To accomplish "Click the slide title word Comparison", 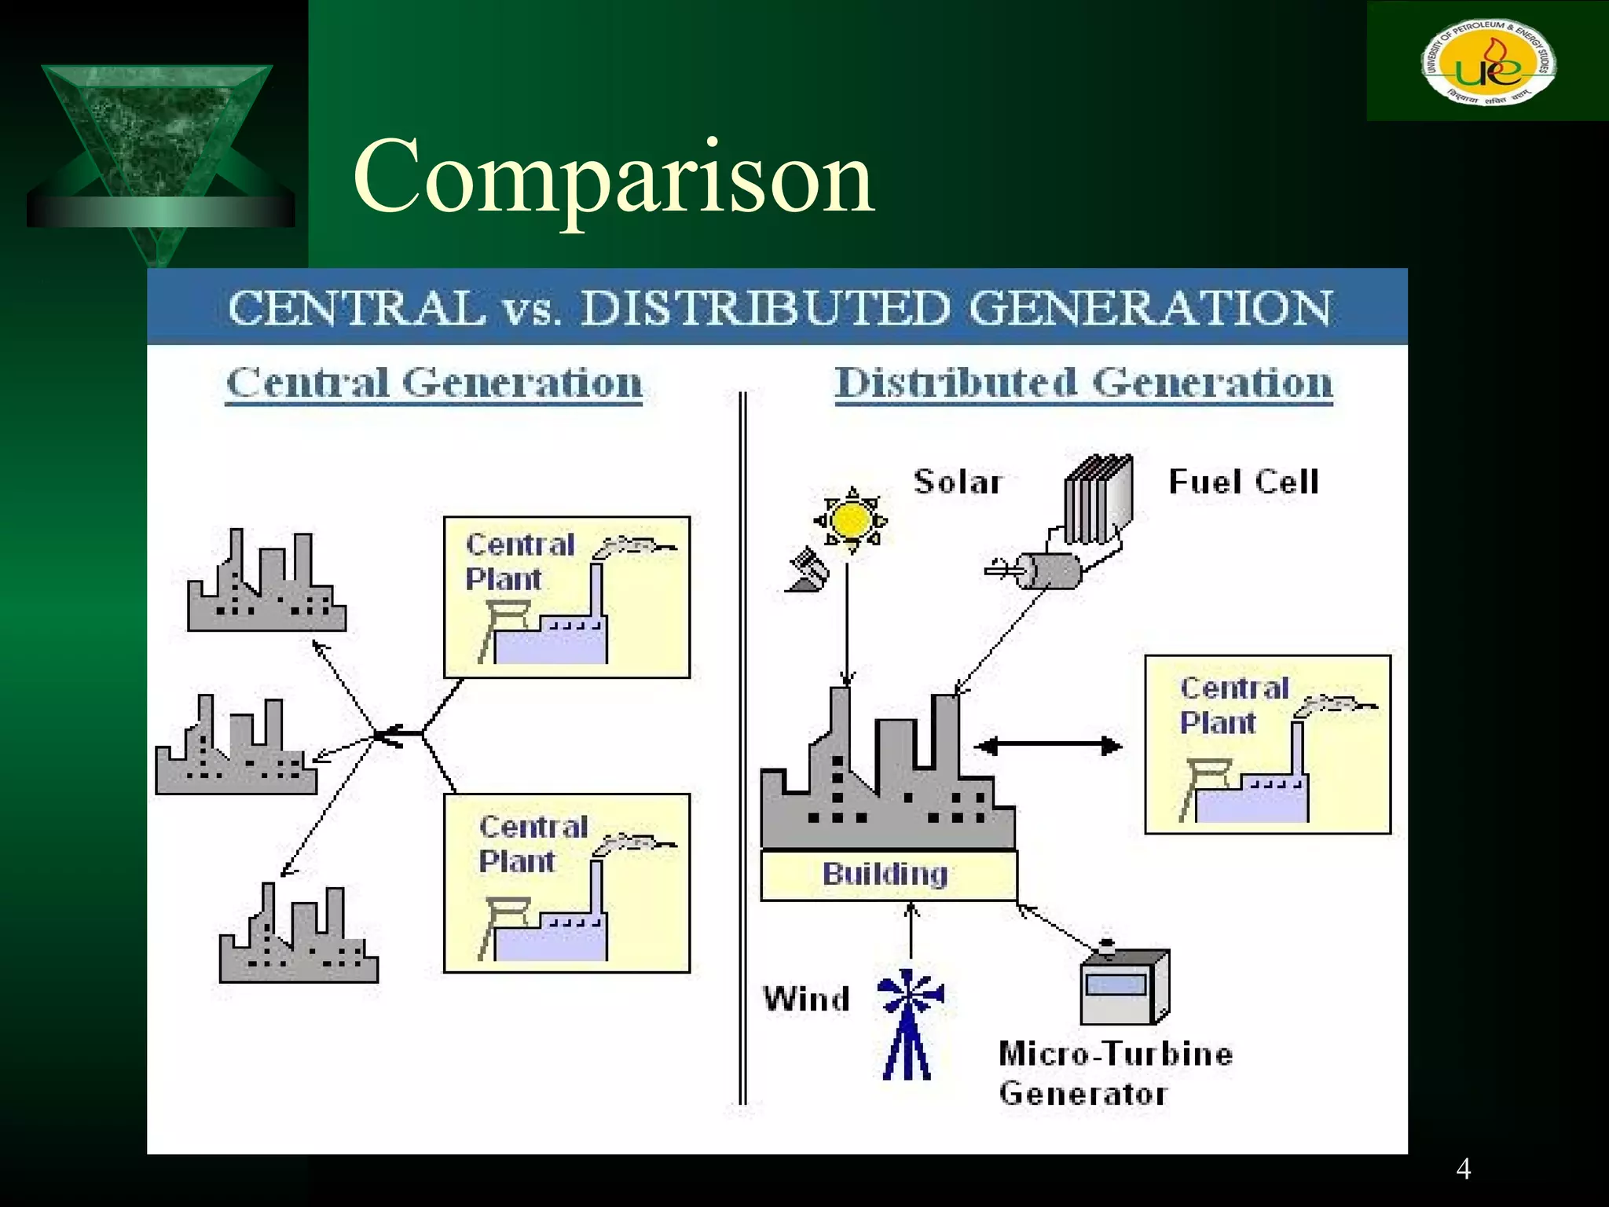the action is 614,178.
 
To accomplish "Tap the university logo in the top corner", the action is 1488,61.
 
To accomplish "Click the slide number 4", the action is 1463,1169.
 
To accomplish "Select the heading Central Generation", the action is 434,383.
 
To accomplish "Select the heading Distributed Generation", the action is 1083,383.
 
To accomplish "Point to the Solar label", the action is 958,482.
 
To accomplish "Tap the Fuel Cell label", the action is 1243,482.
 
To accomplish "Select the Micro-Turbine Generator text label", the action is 1115,1073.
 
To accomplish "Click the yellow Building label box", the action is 888,875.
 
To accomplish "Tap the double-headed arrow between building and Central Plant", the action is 1048,746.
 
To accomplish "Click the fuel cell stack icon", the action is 1098,499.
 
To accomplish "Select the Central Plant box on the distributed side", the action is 1267,744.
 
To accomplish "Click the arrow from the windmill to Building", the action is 911,935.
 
